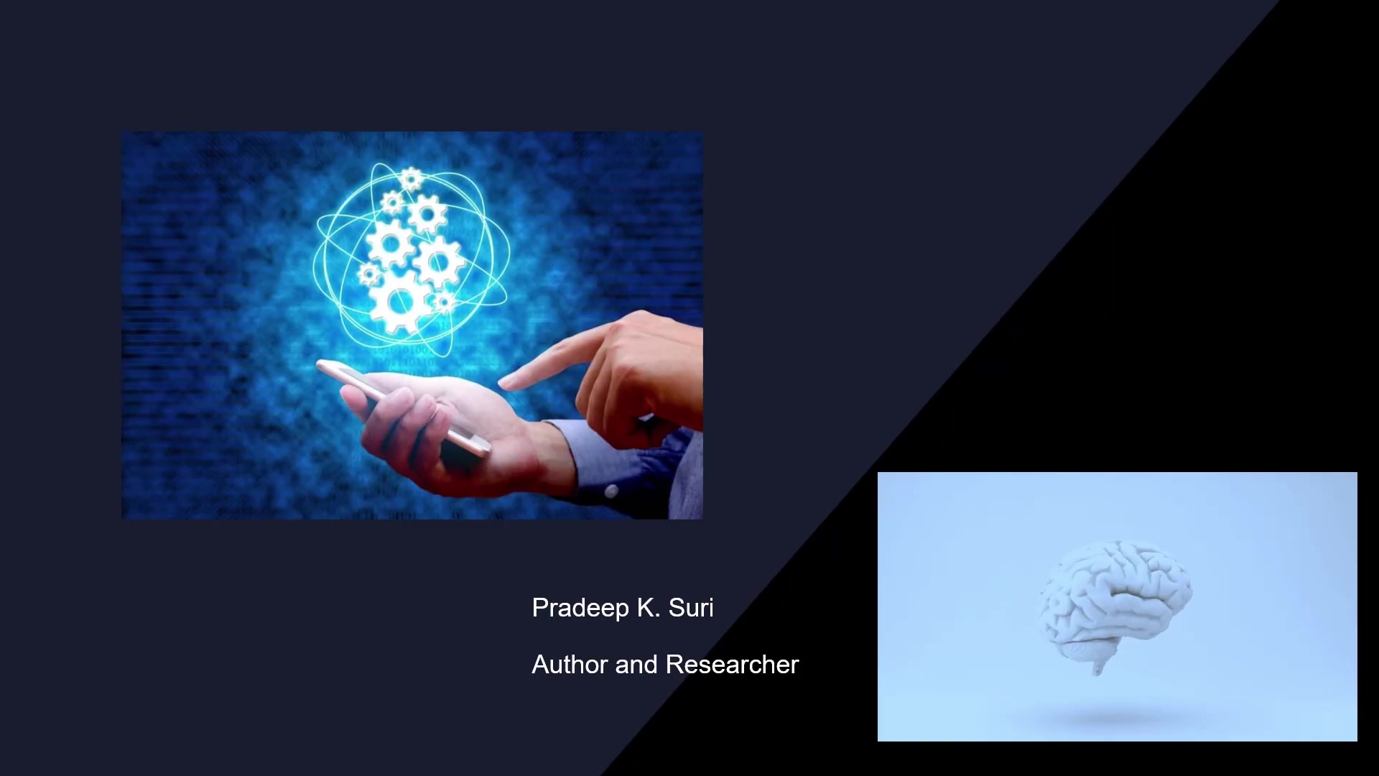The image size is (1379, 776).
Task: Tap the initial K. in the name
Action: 649,608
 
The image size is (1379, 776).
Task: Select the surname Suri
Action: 691,608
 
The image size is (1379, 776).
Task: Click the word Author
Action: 570,665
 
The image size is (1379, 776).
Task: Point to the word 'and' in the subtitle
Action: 636,665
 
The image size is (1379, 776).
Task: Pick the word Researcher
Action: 732,665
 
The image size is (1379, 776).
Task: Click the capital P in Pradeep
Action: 540,608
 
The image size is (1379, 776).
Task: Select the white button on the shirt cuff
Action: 610,491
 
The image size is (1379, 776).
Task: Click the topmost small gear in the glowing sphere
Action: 411,179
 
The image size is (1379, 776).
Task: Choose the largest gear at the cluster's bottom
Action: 399,302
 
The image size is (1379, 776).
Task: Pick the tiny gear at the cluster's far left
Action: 369,274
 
